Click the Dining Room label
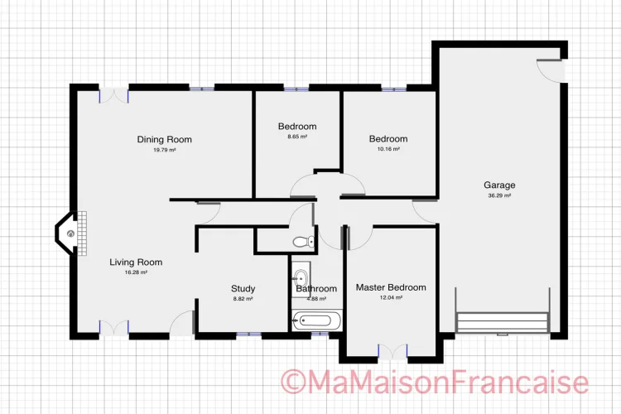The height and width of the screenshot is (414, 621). [165, 139]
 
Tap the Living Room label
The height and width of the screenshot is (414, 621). [136, 262]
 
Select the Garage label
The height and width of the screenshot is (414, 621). [499, 185]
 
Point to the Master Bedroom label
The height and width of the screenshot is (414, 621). [391, 287]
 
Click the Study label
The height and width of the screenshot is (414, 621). [243, 289]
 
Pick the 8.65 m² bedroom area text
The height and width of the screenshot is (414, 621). [297, 137]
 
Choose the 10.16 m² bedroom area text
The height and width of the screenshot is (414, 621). [388, 149]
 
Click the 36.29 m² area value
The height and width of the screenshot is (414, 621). [499, 195]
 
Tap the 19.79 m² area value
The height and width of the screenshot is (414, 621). [165, 150]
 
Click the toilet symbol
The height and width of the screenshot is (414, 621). [303, 241]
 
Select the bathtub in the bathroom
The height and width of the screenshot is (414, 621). [317, 320]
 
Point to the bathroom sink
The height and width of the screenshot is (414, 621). [301, 277]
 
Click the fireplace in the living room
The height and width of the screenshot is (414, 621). [71, 233]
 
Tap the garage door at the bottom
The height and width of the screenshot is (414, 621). [503, 322]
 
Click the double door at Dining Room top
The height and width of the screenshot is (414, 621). [113, 95]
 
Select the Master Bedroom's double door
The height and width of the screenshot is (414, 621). [392, 352]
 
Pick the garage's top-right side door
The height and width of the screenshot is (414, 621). [550, 70]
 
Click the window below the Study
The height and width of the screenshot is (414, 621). [249, 335]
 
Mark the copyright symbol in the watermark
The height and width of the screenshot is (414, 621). [293, 382]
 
